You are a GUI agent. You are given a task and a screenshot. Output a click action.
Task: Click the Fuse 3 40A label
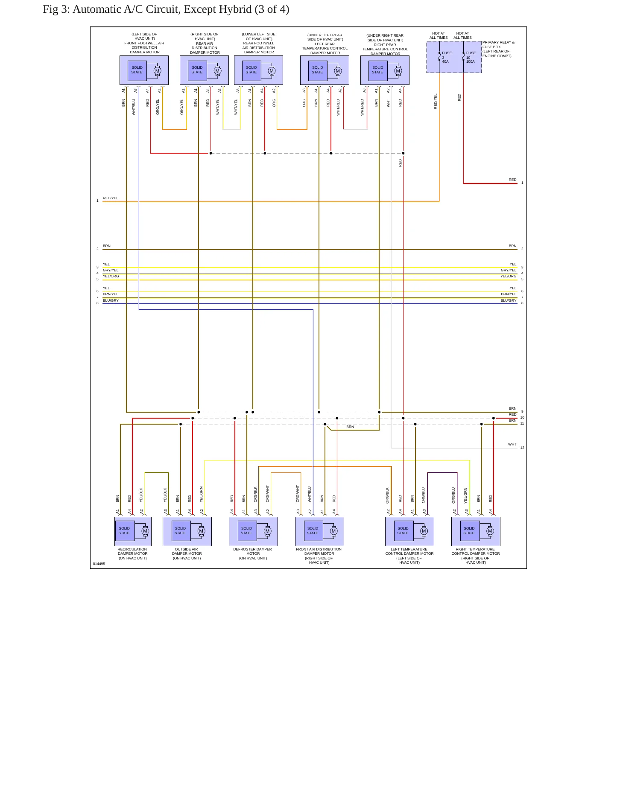447,57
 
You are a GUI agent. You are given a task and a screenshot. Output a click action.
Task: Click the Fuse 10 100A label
471,57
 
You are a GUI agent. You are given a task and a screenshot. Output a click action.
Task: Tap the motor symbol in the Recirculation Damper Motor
145,531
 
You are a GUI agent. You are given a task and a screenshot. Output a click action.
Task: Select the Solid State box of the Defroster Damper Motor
247,531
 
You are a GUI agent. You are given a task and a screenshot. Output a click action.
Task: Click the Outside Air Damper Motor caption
187,554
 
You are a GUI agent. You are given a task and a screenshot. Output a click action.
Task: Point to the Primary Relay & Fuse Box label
498,49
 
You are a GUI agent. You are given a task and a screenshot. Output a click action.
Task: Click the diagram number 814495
99,564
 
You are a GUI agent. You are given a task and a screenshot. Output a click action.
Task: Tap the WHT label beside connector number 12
512,444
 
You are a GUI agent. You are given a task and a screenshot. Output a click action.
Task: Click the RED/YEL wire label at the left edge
111,198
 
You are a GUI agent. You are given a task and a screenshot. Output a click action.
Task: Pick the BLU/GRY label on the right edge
509,300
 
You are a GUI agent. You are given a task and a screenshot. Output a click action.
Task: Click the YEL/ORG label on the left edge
111,276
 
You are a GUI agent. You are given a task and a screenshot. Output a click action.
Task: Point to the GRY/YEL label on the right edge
509,270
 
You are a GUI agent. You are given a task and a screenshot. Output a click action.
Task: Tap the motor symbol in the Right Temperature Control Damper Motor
490,531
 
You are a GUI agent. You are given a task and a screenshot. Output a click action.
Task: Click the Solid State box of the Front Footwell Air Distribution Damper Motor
137,70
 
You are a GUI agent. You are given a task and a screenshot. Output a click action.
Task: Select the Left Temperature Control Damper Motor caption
409,556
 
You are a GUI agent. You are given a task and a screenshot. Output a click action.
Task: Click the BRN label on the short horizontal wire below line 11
350,427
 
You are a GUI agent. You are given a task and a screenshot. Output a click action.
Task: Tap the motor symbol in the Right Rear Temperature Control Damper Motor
398,71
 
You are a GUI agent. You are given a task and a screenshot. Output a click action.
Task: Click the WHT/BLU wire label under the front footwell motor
134,107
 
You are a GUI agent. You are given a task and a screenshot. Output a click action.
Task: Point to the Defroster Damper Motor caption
253,554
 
